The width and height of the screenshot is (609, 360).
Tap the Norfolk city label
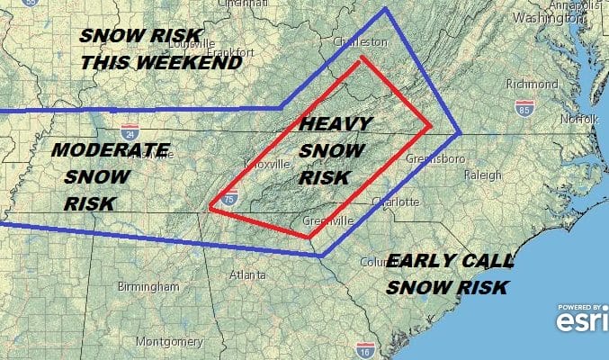pyautogui.click(x=580, y=118)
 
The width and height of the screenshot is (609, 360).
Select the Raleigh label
pyautogui.click(x=482, y=175)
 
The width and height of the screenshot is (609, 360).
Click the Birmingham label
pyautogui.click(x=148, y=286)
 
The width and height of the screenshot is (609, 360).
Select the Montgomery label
pyautogui.click(x=166, y=342)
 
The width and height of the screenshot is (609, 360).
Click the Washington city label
pyautogui.click(x=543, y=18)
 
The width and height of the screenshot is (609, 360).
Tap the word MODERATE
pyautogui.click(x=110, y=149)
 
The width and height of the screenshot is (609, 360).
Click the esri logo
pyautogui.click(x=579, y=317)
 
